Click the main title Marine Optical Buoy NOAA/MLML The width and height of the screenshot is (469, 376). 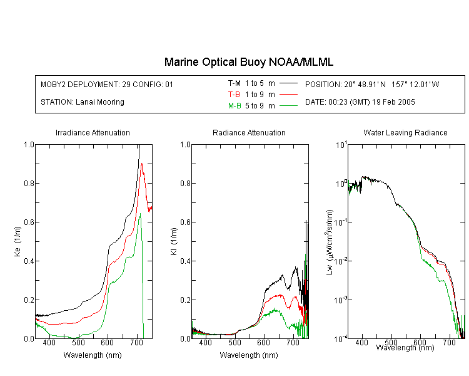point(248,62)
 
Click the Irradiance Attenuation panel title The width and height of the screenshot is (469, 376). point(93,132)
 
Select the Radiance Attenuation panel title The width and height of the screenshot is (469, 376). point(249,132)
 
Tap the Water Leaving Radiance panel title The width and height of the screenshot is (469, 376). point(405,132)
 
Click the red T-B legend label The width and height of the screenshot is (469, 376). point(234,95)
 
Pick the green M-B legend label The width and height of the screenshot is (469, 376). point(234,105)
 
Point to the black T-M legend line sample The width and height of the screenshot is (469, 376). point(288,83)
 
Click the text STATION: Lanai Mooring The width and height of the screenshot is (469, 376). point(83,102)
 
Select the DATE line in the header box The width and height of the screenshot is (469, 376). point(360,102)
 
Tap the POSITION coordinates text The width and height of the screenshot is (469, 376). point(372,84)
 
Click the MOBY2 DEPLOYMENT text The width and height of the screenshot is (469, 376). point(107,84)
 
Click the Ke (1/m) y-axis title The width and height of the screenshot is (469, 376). point(18,241)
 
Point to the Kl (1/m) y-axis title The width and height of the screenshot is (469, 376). point(174,241)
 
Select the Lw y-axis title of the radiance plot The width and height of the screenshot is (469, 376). point(330,242)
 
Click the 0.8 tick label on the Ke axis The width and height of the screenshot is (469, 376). point(29,183)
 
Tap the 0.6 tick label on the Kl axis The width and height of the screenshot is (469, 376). point(185,222)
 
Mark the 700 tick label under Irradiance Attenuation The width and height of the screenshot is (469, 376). point(137,342)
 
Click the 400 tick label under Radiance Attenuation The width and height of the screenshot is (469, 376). point(206,342)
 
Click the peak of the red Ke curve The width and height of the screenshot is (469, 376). point(141,164)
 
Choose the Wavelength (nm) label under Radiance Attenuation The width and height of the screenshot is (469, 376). point(249,355)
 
